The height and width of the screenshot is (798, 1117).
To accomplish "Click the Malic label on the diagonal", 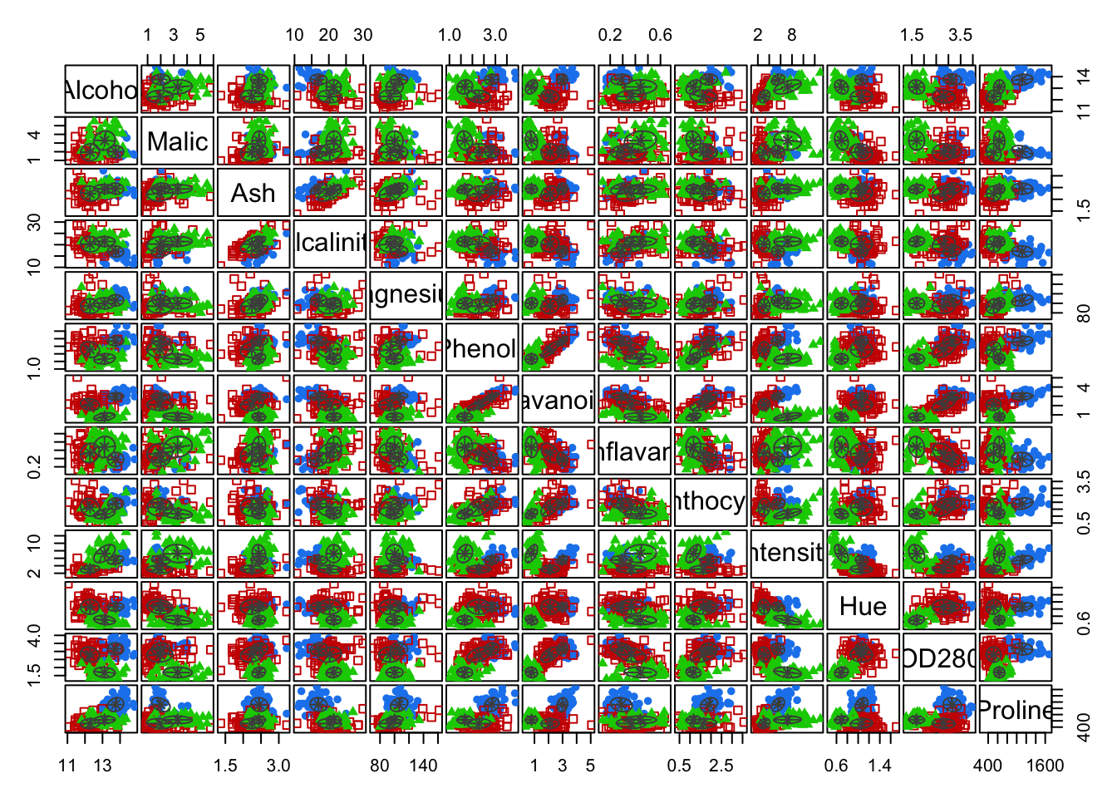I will pyautogui.click(x=177, y=141).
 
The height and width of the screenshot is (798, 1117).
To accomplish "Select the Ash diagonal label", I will pyautogui.click(x=253, y=193).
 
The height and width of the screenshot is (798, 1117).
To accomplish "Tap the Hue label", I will pyautogui.click(x=863, y=606).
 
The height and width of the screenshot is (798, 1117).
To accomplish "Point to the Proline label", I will pyautogui.click(x=1016, y=710).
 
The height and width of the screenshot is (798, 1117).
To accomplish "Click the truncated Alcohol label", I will pyautogui.click(x=101, y=90).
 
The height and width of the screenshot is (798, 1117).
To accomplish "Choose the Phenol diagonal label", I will pyautogui.click(x=482, y=348).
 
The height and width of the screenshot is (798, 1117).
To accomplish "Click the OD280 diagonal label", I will pyautogui.click(x=939, y=658).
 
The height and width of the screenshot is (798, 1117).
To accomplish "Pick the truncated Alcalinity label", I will pyautogui.click(x=330, y=244).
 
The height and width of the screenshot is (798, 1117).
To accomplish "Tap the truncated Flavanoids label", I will pyautogui.click(x=558, y=400).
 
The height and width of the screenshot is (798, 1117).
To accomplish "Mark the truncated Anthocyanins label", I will pyautogui.click(x=711, y=502).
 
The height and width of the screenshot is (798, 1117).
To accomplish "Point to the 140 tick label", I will pyautogui.click(x=423, y=766).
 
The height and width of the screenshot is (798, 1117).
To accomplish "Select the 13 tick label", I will pyautogui.click(x=102, y=766).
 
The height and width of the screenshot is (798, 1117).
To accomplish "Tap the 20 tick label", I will pyautogui.click(x=328, y=35).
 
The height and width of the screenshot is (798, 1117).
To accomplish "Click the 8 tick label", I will pyautogui.click(x=791, y=35).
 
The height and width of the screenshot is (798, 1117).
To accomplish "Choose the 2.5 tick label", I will pyautogui.click(x=721, y=766).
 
